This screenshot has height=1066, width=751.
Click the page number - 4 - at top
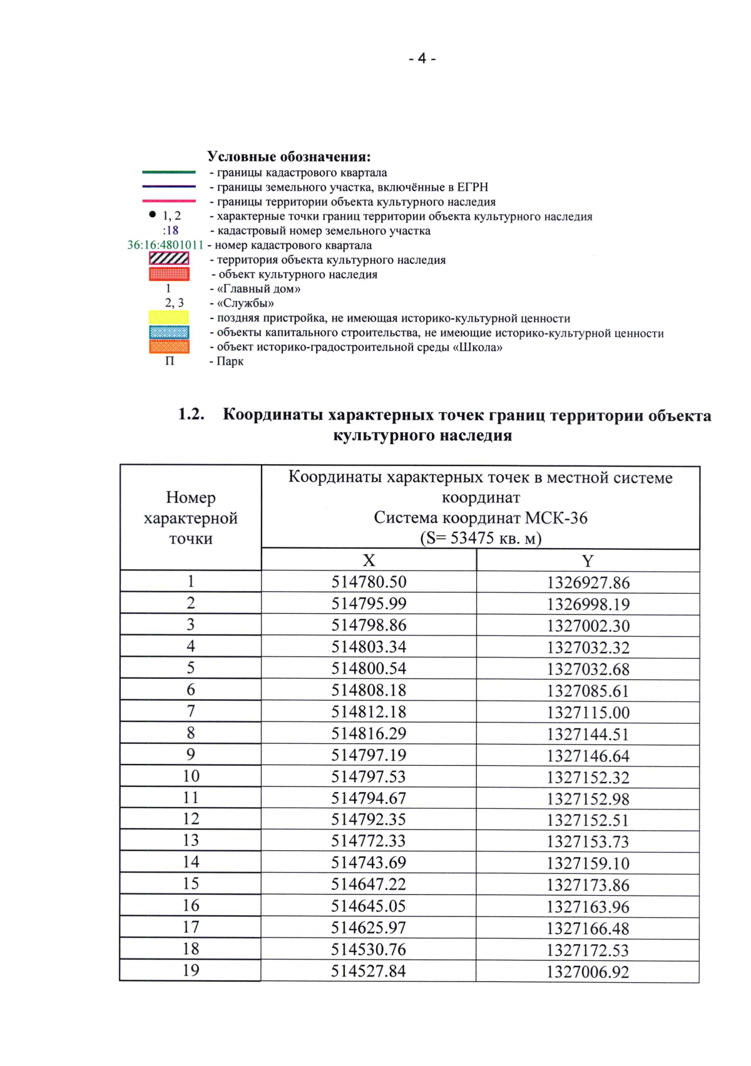[x=422, y=59]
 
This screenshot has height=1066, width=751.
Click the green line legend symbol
[x=169, y=172]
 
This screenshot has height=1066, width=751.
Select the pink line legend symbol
[x=169, y=201]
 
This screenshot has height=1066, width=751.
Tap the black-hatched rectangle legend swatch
[x=169, y=259]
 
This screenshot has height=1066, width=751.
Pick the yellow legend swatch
[x=169, y=317]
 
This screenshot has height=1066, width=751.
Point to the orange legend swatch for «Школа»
[x=169, y=347]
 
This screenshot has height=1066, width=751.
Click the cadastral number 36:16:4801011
[x=166, y=245]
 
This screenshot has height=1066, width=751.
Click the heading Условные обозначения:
[x=289, y=156]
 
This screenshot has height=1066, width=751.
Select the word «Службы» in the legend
[x=245, y=303]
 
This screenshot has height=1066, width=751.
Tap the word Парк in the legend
[x=230, y=362]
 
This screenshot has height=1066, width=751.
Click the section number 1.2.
[x=192, y=414]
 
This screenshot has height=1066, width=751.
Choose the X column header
[x=369, y=561]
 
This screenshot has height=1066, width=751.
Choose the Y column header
[x=587, y=561]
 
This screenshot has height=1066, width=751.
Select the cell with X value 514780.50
[x=369, y=582]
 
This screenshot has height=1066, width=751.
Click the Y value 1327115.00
[x=588, y=713]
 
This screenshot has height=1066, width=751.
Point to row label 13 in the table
[x=191, y=840]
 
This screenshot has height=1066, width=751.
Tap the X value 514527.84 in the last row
[x=369, y=971]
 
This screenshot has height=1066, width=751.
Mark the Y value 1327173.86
[x=588, y=885]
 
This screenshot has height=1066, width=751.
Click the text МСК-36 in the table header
[x=556, y=518]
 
